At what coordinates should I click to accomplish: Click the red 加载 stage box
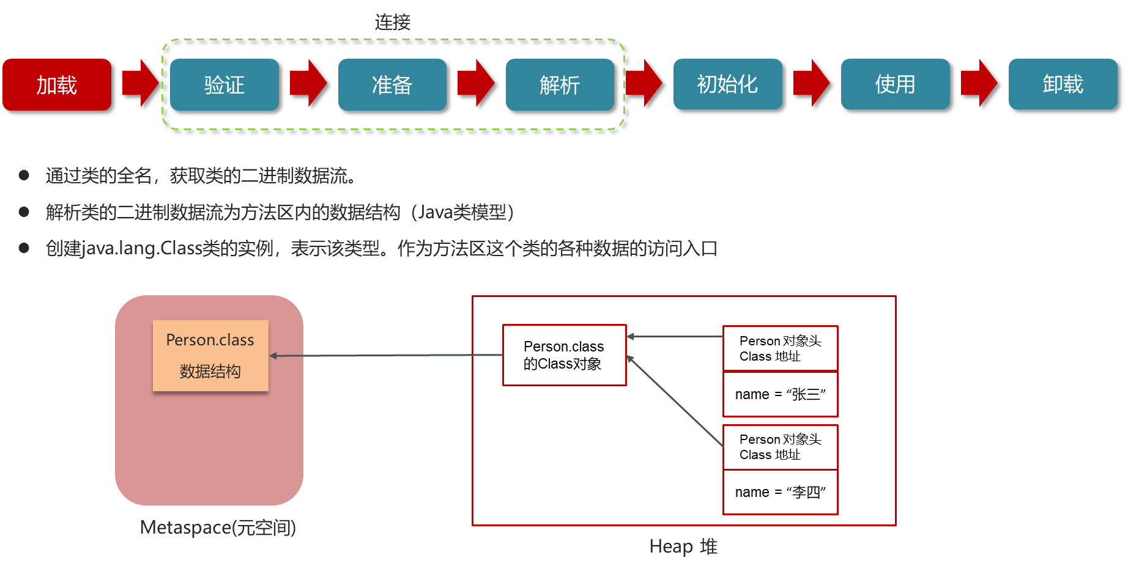57,84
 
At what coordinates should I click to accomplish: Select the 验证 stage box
224,84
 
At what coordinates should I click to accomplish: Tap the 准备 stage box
392,84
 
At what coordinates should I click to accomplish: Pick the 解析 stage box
560,84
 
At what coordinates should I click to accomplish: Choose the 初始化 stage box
727,84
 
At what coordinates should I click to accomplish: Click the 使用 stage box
895,84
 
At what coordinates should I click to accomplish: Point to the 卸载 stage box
1063,84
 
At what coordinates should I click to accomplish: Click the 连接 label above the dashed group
393,23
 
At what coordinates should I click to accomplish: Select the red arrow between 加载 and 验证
141,83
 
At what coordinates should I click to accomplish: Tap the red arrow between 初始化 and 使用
811,83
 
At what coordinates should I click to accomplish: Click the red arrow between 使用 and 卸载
979,83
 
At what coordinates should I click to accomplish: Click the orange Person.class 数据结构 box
210,356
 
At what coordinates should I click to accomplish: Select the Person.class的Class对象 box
564,355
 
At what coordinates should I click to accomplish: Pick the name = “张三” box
780,394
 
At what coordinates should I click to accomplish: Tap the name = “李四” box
780,492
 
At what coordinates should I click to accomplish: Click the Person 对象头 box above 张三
780,348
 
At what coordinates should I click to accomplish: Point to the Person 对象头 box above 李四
780,447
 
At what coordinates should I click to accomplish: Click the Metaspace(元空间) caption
218,527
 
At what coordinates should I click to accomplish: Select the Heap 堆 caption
683,546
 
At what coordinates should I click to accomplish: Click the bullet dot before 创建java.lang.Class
24,248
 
